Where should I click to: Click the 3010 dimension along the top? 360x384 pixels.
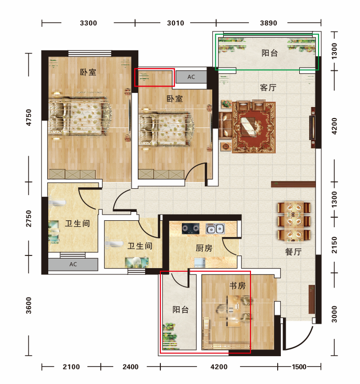pos(176,23)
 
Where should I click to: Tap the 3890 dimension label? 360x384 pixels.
pos(268,23)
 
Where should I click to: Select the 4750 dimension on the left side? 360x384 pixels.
pos(29,118)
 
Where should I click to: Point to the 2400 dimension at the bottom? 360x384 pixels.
pos(130,367)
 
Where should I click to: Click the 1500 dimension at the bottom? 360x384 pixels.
pos(299,367)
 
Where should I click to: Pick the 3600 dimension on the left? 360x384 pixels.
pos(29,305)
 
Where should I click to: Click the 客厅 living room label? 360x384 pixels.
pos(268,88)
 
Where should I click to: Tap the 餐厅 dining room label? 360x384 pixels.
pos(293,251)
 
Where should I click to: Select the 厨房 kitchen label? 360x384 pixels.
pos(204,248)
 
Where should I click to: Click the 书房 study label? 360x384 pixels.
pos(237,285)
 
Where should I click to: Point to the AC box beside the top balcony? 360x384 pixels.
pos(191,77)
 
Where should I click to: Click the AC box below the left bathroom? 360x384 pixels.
pos(73,264)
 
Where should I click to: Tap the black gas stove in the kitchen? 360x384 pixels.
pos(191,229)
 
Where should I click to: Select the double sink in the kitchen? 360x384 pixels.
pos(215,229)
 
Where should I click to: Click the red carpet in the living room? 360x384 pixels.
pos(254,127)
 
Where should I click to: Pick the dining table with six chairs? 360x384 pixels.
pos(294,221)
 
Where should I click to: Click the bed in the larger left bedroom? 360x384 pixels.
pos(80,115)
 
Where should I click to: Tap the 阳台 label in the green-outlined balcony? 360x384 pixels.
pos(269,53)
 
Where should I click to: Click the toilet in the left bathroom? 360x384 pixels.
pos(57,203)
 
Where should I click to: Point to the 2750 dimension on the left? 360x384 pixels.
pos(29,218)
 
